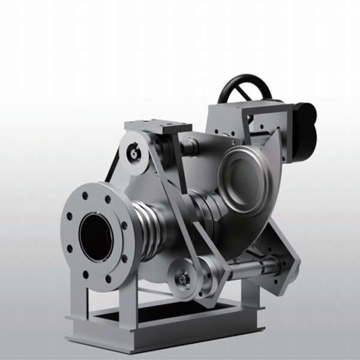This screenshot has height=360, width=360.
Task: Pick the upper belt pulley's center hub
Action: [x=133, y=154]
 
